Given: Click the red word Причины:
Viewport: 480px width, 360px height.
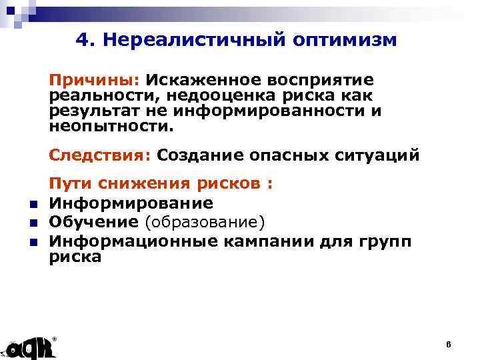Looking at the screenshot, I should pyautogui.click(x=93, y=80).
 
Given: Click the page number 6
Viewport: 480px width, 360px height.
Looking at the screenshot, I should pyautogui.click(x=449, y=344).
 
